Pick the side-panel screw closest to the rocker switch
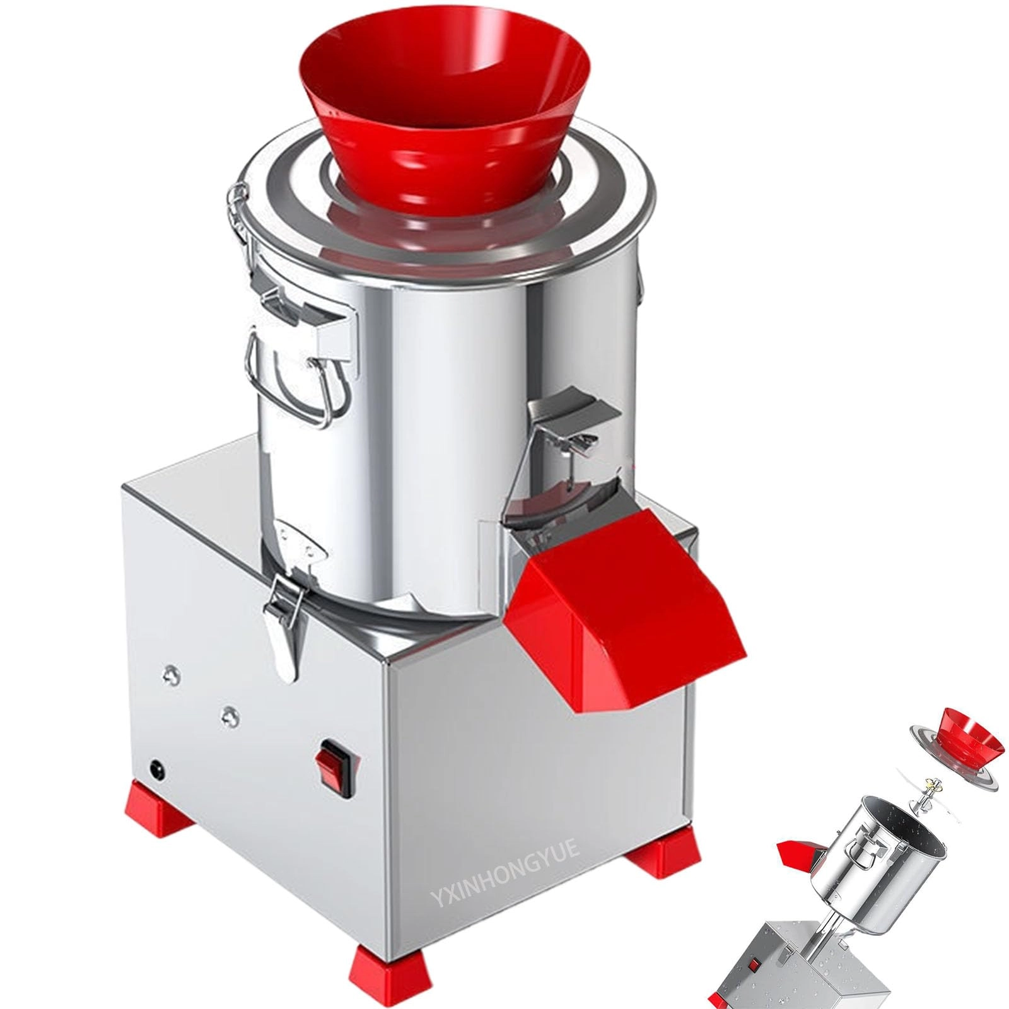point(229,714)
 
